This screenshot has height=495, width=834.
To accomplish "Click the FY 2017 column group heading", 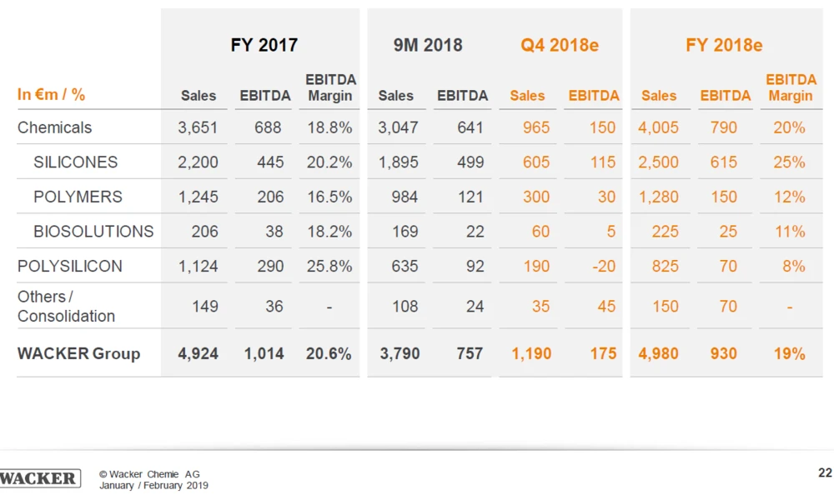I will (x=264, y=45).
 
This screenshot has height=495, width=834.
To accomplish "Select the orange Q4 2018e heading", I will (x=560, y=45).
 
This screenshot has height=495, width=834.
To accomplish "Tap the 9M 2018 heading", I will (x=428, y=45).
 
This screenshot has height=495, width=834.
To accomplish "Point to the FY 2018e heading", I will (x=724, y=45).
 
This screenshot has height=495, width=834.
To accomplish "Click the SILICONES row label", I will (x=75, y=162).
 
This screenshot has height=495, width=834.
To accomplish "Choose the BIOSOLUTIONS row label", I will (x=93, y=232).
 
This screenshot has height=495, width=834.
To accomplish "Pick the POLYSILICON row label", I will (x=69, y=267).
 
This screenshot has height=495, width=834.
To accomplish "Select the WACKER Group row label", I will (x=78, y=353).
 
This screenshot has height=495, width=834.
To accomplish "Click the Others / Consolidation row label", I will (x=66, y=307).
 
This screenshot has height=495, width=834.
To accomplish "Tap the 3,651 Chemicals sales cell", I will (x=198, y=127).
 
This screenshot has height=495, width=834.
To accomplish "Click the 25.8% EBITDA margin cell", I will (x=329, y=267).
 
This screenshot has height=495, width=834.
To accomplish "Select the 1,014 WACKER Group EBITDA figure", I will (x=264, y=353).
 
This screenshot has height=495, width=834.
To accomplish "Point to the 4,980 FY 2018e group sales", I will (x=658, y=353).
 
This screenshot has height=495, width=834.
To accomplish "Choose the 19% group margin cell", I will (x=789, y=353).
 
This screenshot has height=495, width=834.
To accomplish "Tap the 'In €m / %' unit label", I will (x=51, y=94).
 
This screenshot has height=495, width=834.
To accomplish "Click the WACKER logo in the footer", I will (x=39, y=477).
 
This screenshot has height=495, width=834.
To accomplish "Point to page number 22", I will (x=825, y=473).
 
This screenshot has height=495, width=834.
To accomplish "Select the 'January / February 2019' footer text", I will (x=153, y=485).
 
